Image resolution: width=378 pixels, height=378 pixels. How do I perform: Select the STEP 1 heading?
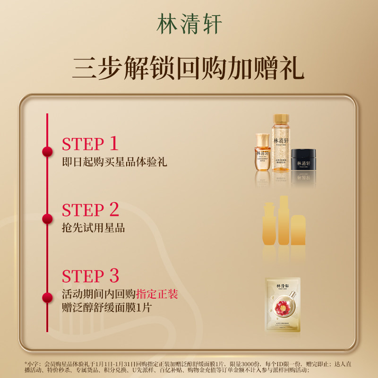[x=90, y=144]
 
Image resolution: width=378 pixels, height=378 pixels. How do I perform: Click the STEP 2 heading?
[x=90, y=210]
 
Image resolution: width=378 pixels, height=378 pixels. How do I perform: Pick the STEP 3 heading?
[x=90, y=276]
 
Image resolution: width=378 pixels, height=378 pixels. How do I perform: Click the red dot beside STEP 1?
[x=47, y=152]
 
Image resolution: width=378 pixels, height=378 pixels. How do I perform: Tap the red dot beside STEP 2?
[x=47, y=218]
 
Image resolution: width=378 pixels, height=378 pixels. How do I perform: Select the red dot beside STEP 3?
[x=47, y=297]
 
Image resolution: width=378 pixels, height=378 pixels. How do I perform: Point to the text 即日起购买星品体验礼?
[x=114, y=162]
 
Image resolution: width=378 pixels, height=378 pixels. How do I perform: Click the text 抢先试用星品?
[x=93, y=228]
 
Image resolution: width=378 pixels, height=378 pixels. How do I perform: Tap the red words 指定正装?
[x=157, y=294]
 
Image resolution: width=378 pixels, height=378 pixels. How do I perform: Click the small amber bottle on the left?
[x=263, y=153]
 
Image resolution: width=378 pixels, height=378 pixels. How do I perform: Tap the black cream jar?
[x=302, y=161]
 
